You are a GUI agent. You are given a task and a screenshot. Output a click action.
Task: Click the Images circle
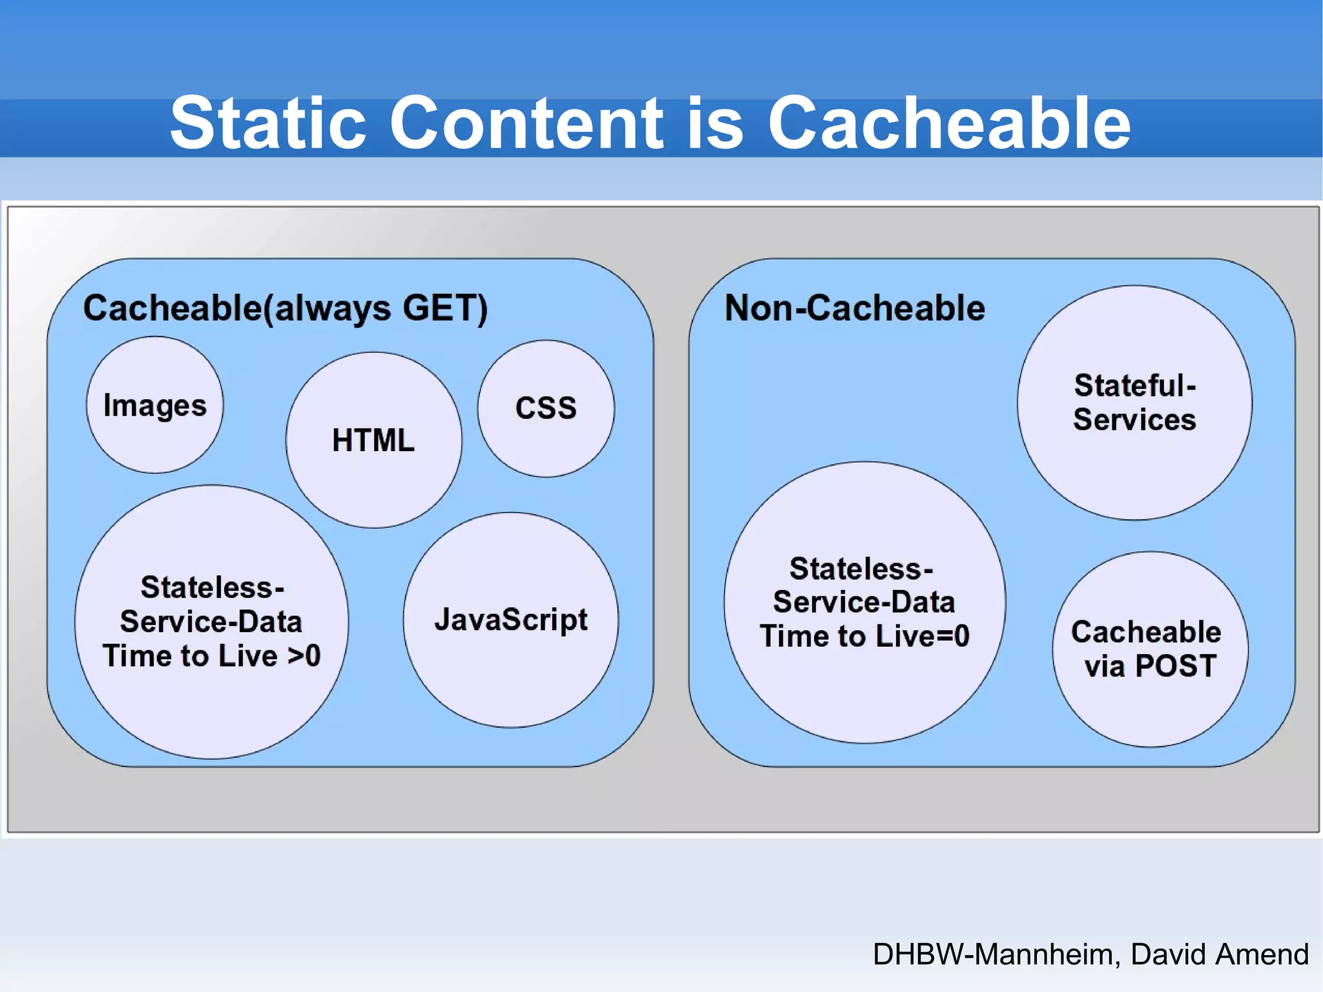[x=155, y=405]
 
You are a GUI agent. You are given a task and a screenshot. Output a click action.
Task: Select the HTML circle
[x=373, y=440]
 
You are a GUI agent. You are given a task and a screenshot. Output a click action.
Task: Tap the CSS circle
[x=546, y=408]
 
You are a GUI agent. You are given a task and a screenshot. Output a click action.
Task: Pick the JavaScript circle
[x=510, y=620]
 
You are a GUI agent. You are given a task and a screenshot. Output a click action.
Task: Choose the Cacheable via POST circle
[x=1150, y=649]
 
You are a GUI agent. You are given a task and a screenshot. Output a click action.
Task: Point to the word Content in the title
[x=526, y=123]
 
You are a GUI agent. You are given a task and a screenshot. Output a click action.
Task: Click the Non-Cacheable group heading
[x=855, y=308]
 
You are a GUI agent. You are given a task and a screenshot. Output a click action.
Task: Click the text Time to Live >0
[x=211, y=656]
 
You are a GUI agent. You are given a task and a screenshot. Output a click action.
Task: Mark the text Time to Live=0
[x=864, y=636]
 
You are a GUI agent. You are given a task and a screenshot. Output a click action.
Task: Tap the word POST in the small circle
[x=1176, y=666]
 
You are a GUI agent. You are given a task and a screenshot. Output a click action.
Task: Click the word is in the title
[x=715, y=123]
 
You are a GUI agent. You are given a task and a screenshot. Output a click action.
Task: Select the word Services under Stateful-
[x=1134, y=420]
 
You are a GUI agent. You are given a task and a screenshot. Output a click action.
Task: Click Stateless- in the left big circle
[x=212, y=587]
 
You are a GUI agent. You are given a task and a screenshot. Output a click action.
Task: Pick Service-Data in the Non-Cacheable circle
[x=864, y=602]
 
